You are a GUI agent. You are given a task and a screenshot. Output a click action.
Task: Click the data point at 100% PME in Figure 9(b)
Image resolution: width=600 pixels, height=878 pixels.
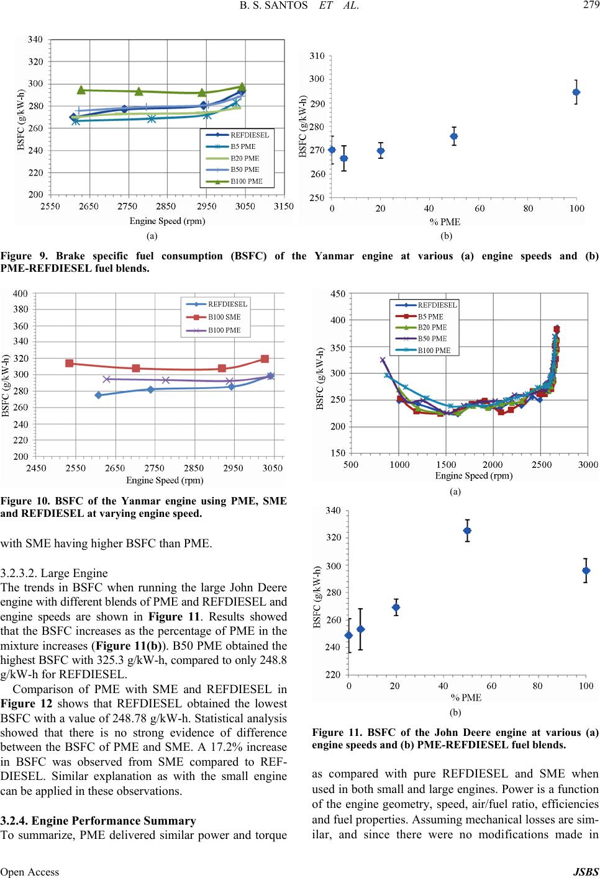coord(576,92)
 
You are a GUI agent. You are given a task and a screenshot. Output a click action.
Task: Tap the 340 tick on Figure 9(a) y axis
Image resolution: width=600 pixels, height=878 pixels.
coord(36,39)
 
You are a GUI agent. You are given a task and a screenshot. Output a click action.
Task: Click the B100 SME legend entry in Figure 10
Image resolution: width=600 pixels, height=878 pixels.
coord(224,317)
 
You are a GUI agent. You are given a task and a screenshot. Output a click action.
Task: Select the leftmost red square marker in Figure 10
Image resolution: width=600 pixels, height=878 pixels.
coord(70,364)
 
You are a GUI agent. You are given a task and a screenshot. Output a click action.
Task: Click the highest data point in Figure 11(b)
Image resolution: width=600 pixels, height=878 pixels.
coord(467,531)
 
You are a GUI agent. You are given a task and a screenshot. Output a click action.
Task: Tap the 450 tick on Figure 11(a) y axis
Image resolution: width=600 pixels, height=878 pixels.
coord(339,294)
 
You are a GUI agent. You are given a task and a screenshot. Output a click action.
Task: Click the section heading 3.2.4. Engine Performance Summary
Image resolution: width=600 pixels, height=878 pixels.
coord(99,820)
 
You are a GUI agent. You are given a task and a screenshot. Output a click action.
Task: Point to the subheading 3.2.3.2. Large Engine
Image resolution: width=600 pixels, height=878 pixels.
coord(54,573)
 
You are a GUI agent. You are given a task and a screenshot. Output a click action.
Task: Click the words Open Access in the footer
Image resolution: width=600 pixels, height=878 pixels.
coord(30,871)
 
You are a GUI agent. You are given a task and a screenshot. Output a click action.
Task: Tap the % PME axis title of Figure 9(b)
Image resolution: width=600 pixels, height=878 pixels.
coord(445,221)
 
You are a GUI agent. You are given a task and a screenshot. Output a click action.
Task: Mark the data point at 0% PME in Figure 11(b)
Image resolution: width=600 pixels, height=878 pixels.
coord(348,635)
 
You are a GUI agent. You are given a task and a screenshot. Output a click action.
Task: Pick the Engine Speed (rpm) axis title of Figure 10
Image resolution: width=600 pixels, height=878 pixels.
coord(165,480)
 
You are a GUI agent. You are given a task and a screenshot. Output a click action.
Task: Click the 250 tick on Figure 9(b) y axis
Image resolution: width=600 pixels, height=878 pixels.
coord(317,197)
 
